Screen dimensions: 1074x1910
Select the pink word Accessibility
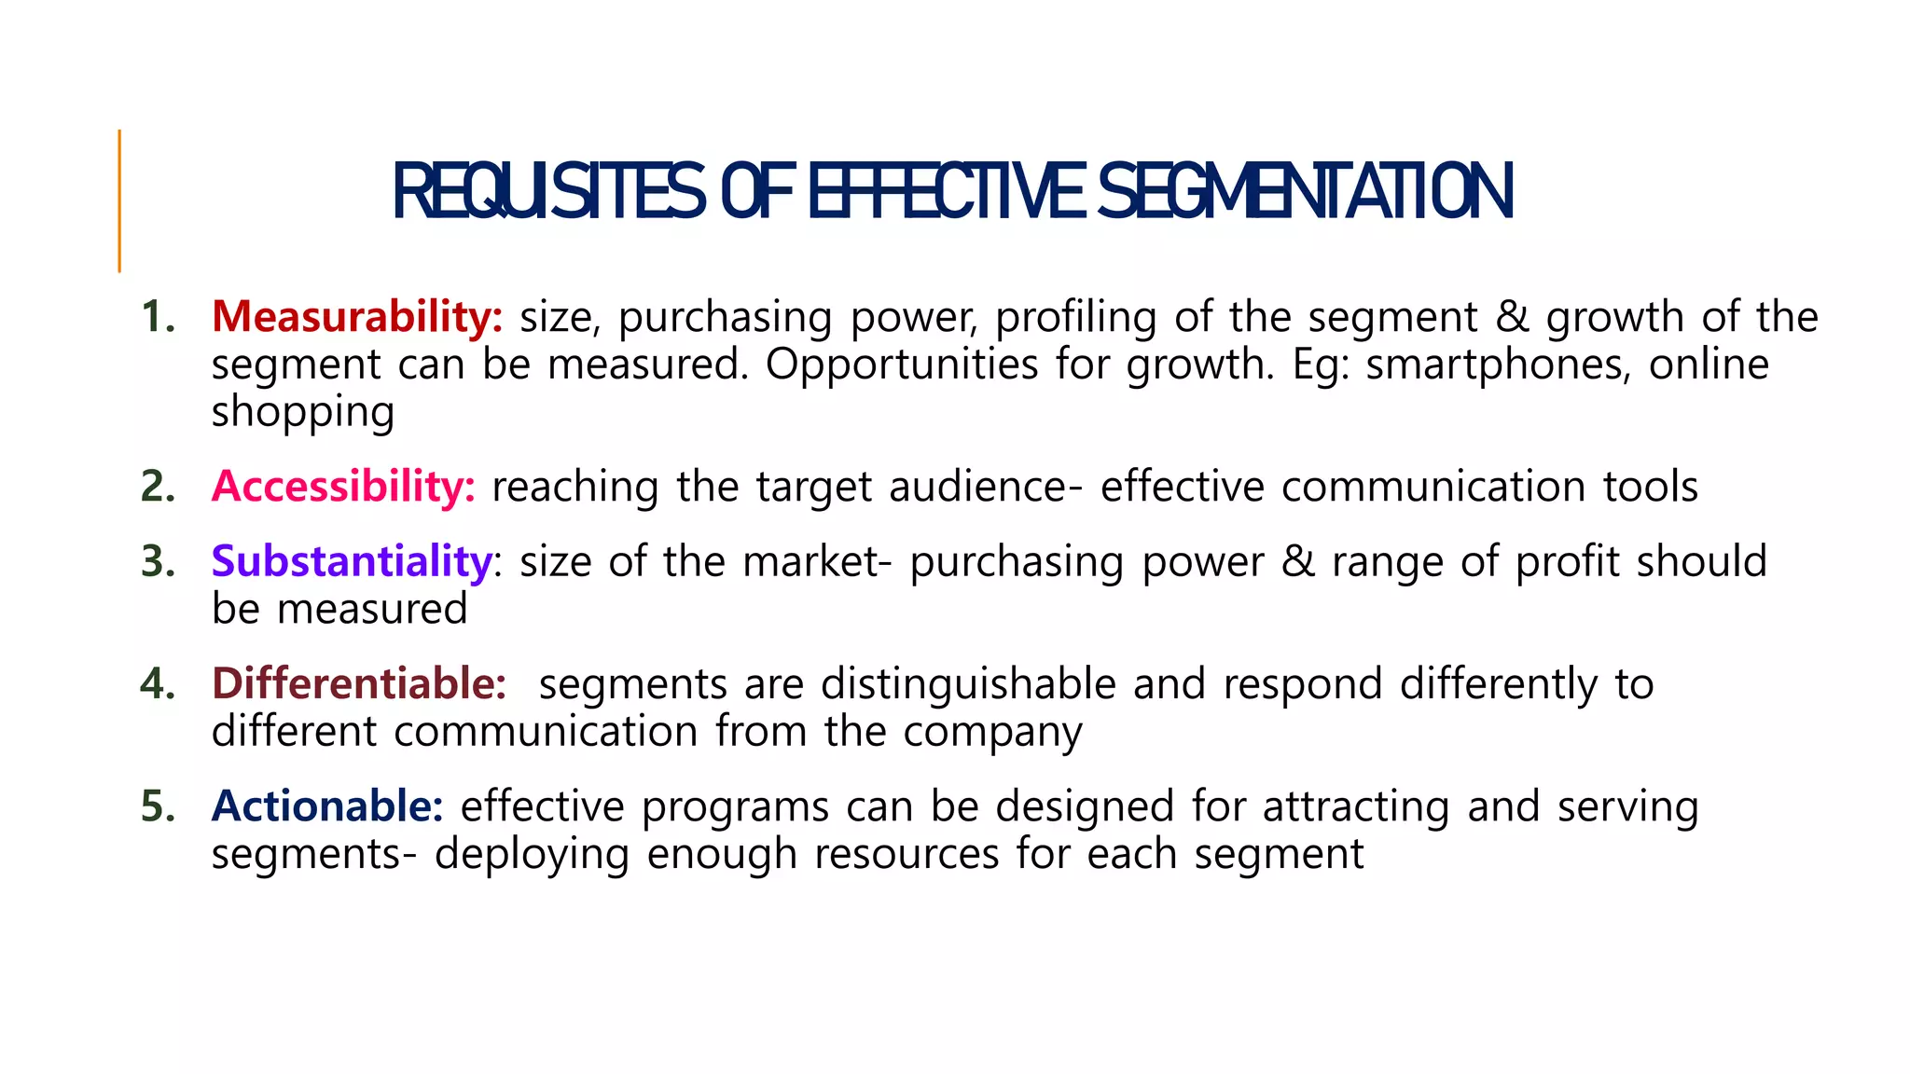click(x=343, y=487)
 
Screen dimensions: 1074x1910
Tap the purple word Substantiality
click(x=352, y=561)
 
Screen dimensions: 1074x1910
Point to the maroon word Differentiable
click(x=359, y=683)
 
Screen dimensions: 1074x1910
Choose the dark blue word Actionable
click(x=327, y=806)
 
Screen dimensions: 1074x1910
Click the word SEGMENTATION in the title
click(x=1305, y=193)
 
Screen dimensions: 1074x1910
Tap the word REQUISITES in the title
click(x=548, y=193)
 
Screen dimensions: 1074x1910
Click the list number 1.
click(x=157, y=317)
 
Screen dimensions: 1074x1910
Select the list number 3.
click(x=157, y=561)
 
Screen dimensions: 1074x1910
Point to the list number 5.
click(x=157, y=806)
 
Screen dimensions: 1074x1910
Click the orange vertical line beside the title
click(x=119, y=200)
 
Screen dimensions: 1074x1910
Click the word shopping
click(x=303, y=412)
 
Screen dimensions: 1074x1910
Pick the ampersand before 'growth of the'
click(x=1513, y=317)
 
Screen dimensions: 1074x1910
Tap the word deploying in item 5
click(x=532, y=854)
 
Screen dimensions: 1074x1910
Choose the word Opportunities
click(x=901, y=365)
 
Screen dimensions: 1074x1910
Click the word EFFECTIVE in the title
click(x=946, y=193)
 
